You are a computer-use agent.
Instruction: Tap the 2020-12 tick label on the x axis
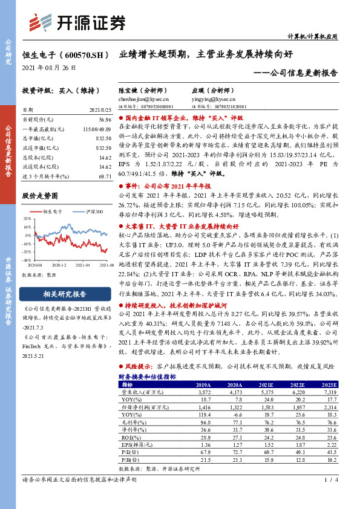59,265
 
